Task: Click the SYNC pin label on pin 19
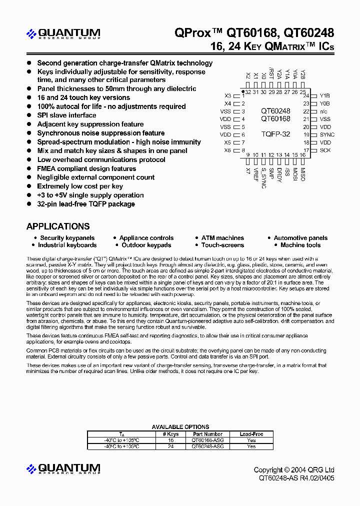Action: (x=327, y=135)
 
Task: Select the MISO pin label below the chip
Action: (x=303, y=174)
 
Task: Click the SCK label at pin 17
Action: (x=325, y=150)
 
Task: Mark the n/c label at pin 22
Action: (x=324, y=111)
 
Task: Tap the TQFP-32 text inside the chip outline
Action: (x=275, y=134)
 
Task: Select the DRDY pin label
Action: (x=279, y=174)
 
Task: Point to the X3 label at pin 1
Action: (x=228, y=95)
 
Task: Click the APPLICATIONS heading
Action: (x=58, y=226)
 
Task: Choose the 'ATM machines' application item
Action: (x=222, y=238)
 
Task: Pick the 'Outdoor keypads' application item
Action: (x=146, y=245)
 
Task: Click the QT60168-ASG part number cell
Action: (x=207, y=440)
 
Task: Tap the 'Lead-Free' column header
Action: (x=251, y=434)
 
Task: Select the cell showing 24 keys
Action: (x=170, y=446)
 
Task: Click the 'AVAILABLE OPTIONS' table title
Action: (x=180, y=427)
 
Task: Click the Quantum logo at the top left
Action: (x=63, y=34)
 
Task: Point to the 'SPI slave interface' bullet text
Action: (x=66, y=115)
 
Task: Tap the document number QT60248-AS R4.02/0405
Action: (x=296, y=478)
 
